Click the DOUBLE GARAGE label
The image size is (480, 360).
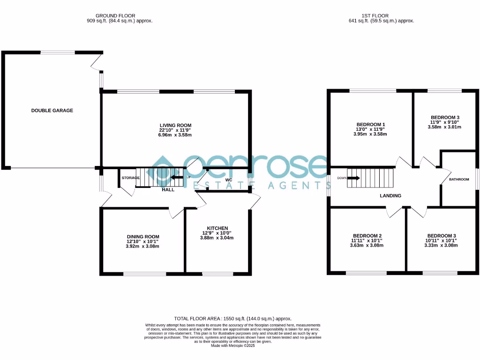[x=52, y=111]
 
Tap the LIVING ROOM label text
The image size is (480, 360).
[x=176, y=126]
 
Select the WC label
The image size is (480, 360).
[x=229, y=180]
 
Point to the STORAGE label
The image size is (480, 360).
[x=131, y=178]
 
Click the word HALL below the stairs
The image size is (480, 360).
[x=168, y=190]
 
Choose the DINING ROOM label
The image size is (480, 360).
[x=143, y=237]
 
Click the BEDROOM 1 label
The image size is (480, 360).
[x=370, y=125]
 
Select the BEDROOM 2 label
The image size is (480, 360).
[x=367, y=236]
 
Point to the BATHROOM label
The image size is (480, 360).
[x=459, y=180]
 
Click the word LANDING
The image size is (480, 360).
[x=390, y=196]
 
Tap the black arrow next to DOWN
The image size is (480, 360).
[x=354, y=178]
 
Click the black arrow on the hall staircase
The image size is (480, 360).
[x=177, y=177]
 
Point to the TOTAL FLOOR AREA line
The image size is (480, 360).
[x=233, y=318]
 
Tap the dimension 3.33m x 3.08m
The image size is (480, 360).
[x=441, y=245]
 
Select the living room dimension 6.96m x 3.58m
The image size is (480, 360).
[x=176, y=135]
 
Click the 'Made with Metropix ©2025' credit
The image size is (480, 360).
[x=233, y=345]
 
